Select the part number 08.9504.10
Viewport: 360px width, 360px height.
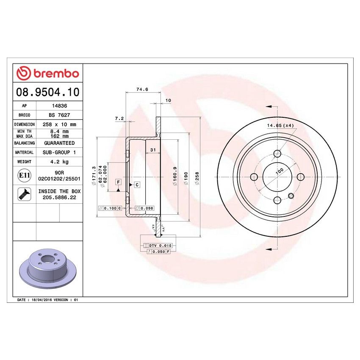tap(47, 92)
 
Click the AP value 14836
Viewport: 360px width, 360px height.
tap(59, 106)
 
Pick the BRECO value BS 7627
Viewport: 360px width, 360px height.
tap(59, 115)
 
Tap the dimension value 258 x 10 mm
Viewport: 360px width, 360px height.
tap(59, 125)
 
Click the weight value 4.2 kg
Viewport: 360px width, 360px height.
tap(59, 161)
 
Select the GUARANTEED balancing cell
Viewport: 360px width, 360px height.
tap(59, 143)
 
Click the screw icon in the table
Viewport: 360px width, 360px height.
tap(24, 194)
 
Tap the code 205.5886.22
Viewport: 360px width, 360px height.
tap(59, 197)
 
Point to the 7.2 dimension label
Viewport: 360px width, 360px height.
tap(119, 119)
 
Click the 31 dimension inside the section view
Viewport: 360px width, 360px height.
tap(153, 150)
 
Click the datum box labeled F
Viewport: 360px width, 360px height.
tap(118, 182)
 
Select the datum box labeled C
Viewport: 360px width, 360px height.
tap(137, 184)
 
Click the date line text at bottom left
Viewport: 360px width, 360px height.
tap(47, 299)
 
